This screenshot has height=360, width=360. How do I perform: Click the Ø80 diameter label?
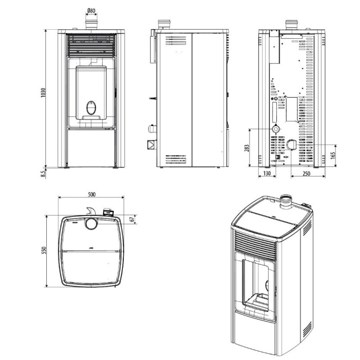[x=90, y=10]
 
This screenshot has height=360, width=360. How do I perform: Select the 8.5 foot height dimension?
[x=43, y=172]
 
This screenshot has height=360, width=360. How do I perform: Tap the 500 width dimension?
[x=91, y=194]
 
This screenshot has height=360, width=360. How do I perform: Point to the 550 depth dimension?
[x=44, y=251]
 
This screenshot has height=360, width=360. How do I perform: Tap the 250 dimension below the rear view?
[x=307, y=173]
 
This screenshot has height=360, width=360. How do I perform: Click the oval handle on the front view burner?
[x=90, y=107]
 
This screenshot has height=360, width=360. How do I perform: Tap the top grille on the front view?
[x=91, y=45]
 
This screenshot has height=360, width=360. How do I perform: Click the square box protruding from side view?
[x=149, y=144]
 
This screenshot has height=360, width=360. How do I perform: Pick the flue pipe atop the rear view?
[x=290, y=24]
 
